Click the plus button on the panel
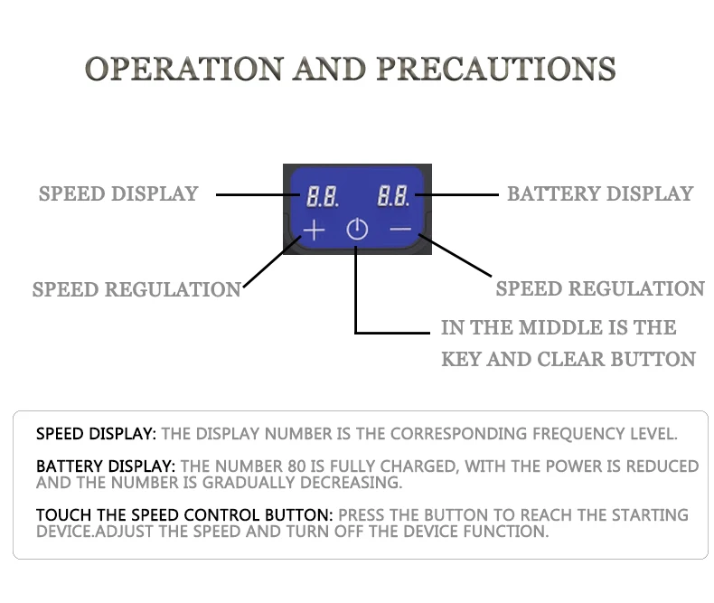pos(314,230)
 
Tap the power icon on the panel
pos(357,230)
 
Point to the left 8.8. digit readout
pos(323,195)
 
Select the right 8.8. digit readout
pos(394,195)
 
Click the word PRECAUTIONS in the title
pos(495,69)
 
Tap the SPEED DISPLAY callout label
pos(117,193)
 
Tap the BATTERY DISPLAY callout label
pos(600,193)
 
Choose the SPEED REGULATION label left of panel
pos(136,290)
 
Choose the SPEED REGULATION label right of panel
pos(600,289)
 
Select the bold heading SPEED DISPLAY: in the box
pos(96,434)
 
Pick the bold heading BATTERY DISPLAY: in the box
pos(106,466)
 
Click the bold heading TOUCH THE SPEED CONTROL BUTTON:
pos(184,515)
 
